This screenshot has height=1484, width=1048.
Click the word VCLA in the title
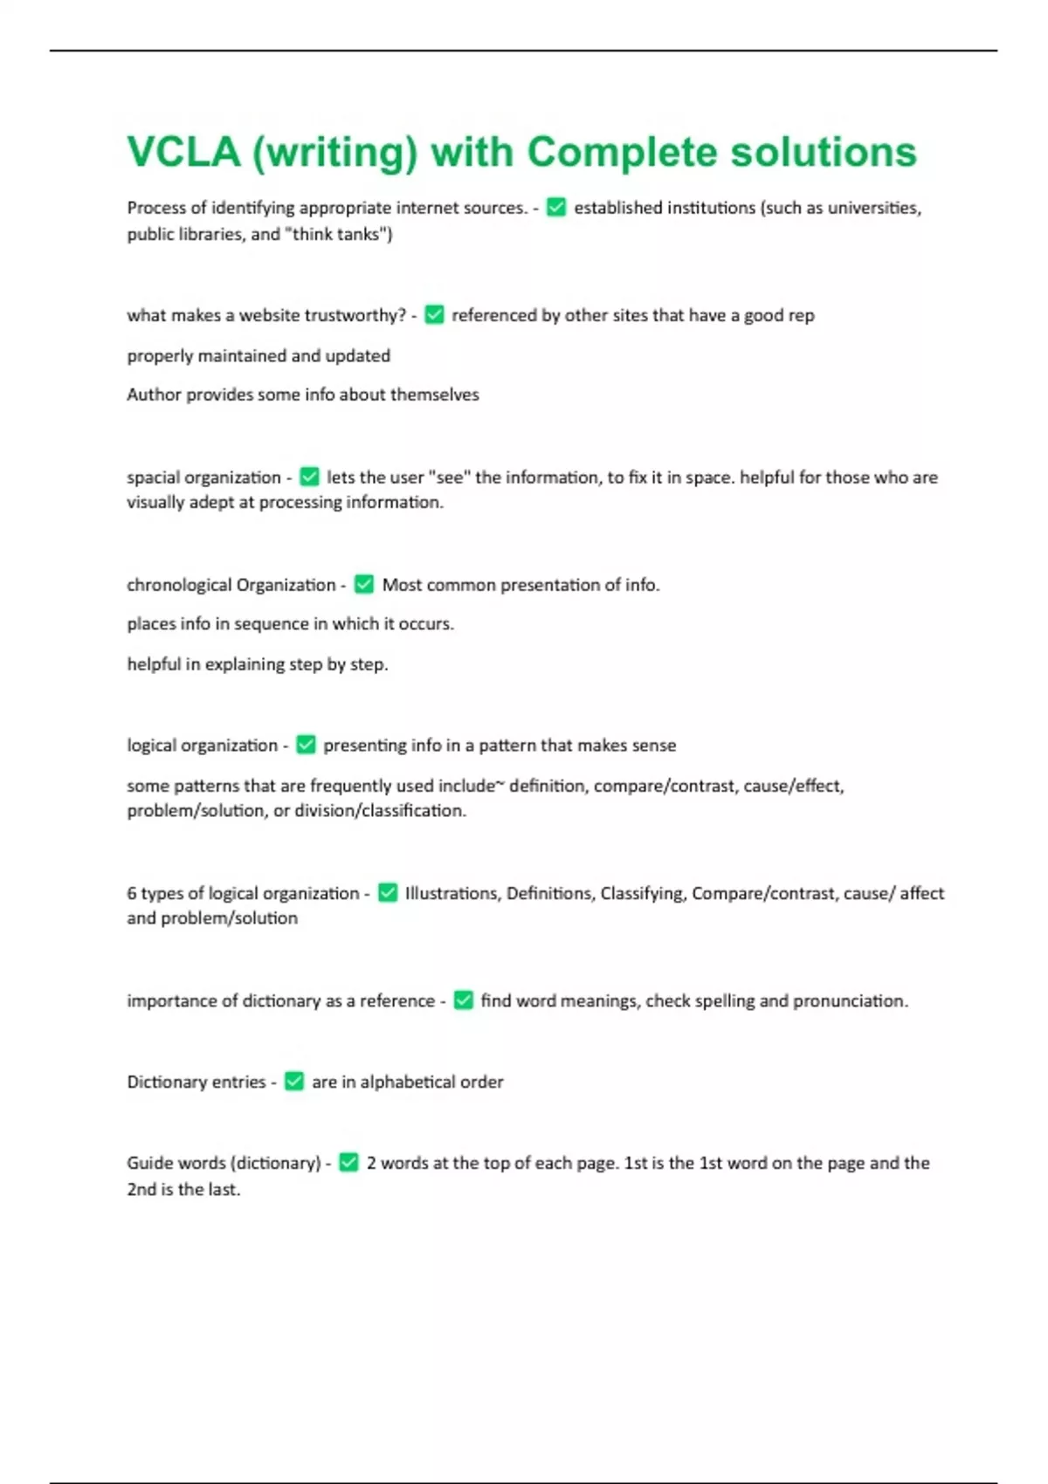[183, 152]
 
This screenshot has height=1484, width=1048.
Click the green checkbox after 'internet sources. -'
[556, 208]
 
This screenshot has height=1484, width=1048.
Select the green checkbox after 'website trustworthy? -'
[434, 315]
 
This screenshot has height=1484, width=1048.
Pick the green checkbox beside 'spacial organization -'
[309, 477]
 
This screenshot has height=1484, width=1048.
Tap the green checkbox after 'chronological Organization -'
[364, 585]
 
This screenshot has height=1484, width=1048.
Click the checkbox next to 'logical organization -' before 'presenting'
[306, 745]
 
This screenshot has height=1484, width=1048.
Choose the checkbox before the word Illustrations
[388, 893]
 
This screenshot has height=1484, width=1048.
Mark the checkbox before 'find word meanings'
[464, 1000]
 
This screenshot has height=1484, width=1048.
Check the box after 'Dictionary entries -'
[294, 1082]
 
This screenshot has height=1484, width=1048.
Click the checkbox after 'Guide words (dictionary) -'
[348, 1163]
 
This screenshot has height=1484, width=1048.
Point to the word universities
[873, 208]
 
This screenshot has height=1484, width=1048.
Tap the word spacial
[153, 477]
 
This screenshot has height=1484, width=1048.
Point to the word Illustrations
[452, 893]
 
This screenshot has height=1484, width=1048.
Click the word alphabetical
[408, 1082]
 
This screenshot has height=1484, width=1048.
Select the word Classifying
[643, 893]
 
